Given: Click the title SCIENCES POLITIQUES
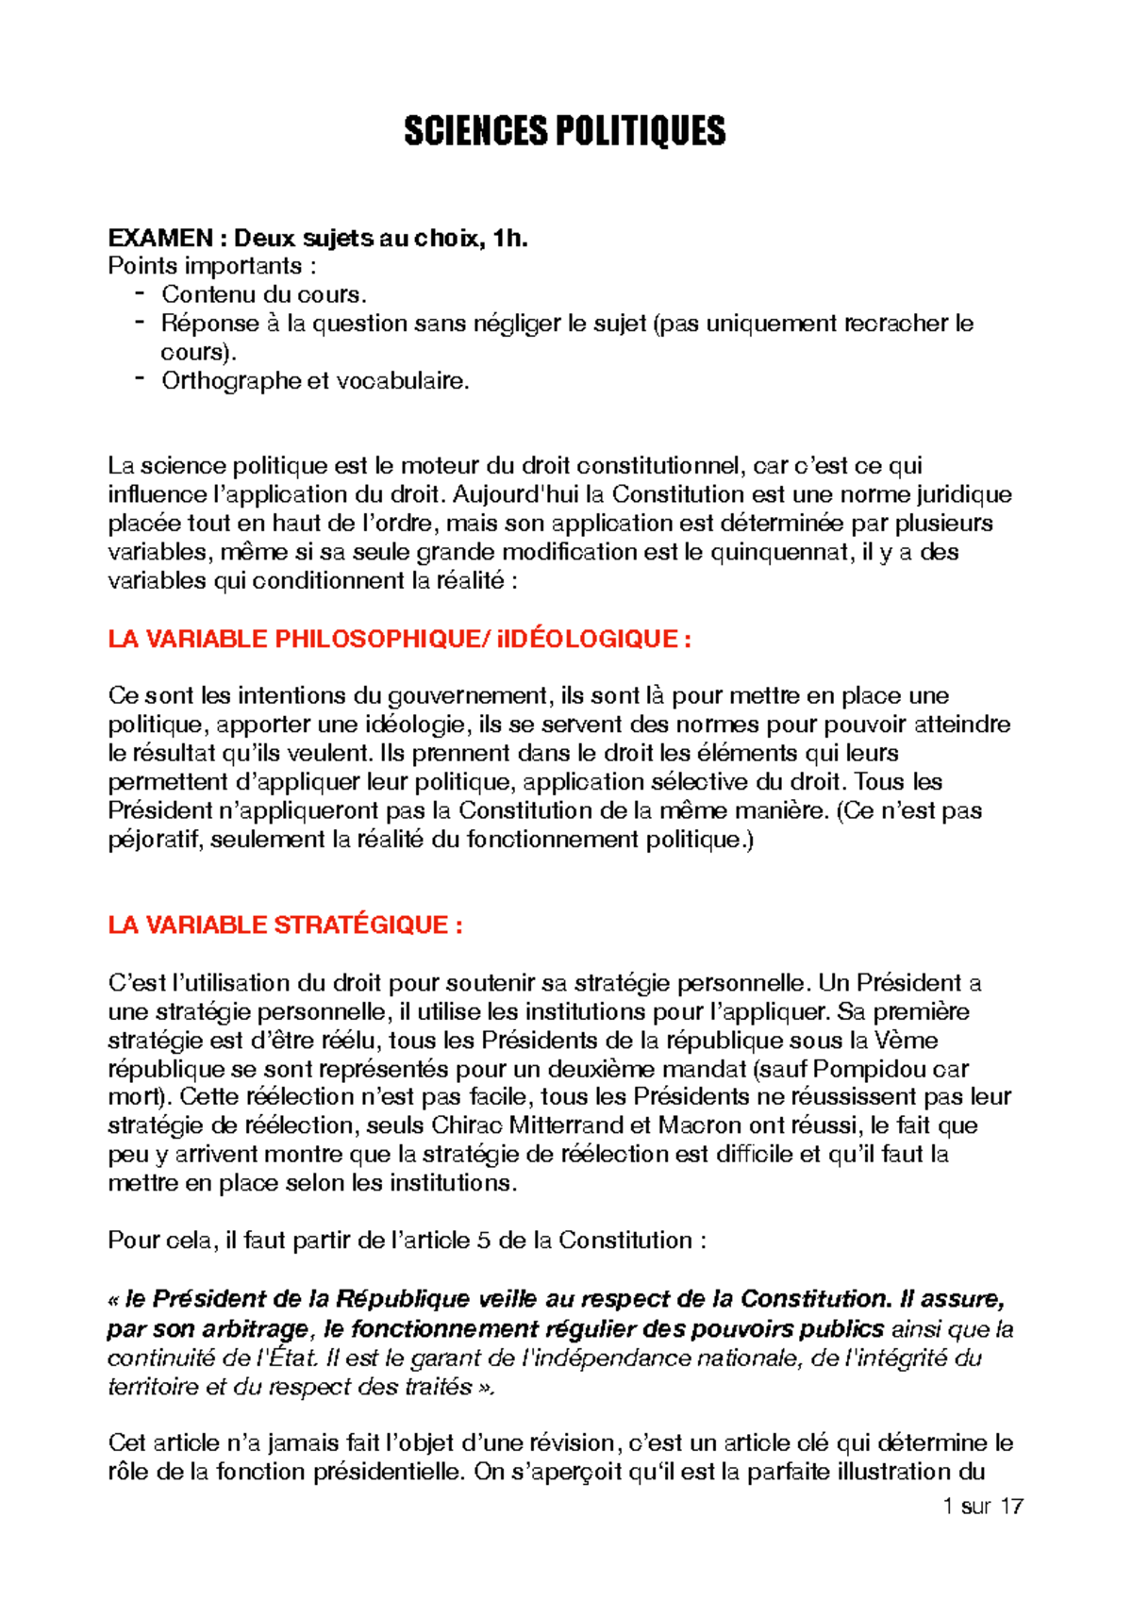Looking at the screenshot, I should [x=564, y=131].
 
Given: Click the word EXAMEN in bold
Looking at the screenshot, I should [x=159, y=238].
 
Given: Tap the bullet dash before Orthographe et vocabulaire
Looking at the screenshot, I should [x=140, y=379].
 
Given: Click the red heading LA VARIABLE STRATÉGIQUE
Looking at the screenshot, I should [x=285, y=925].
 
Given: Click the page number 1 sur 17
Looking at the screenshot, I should [x=982, y=1506].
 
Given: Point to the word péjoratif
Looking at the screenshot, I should [x=156, y=840].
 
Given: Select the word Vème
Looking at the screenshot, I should [x=906, y=1040].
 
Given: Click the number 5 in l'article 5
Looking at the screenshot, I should [x=483, y=1240].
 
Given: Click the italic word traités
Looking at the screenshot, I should [x=435, y=1387].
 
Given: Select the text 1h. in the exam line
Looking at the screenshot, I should [x=509, y=238].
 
